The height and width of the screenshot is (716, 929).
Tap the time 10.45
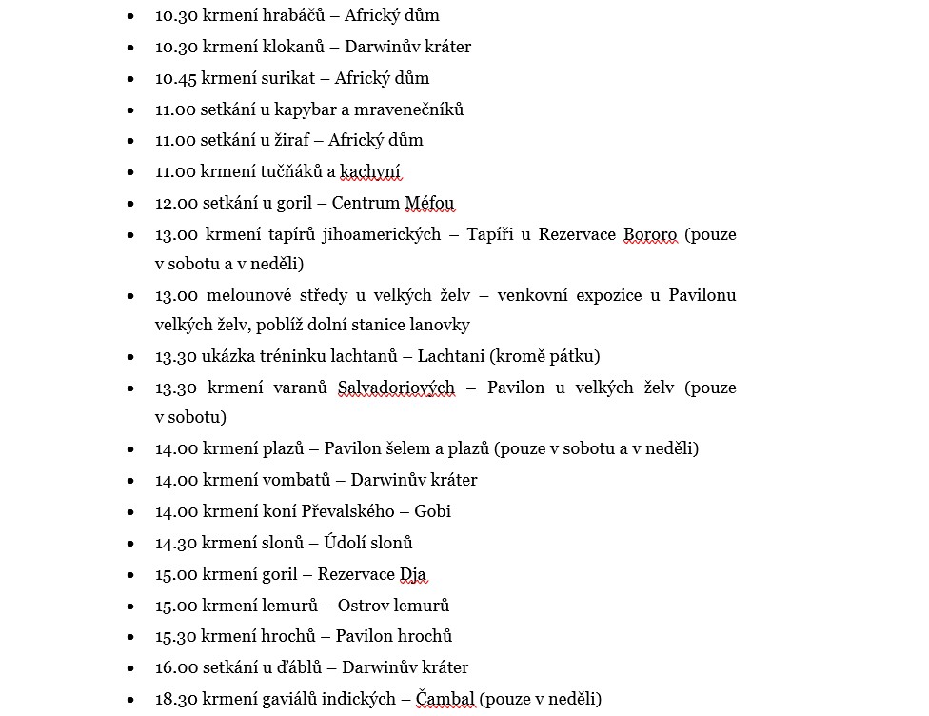[175, 78]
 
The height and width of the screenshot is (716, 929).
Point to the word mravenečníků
[410, 109]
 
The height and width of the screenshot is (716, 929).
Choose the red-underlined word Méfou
[429, 203]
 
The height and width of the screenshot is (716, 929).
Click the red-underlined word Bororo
[649, 234]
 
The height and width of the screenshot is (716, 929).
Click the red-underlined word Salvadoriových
[396, 388]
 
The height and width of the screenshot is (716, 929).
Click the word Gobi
[432, 511]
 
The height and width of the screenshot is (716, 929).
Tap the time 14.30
[175, 543]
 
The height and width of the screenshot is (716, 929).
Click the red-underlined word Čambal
[445, 699]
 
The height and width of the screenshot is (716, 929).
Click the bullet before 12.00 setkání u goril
[130, 203]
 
